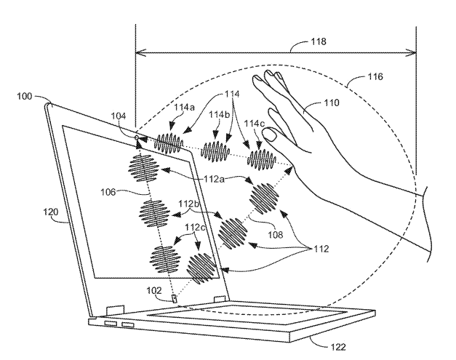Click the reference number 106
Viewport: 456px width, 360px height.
click(x=114, y=193)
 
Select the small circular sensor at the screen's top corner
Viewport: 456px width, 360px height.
click(x=137, y=137)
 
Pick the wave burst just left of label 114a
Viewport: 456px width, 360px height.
click(x=168, y=143)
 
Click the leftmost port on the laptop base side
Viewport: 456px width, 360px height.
click(x=110, y=323)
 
